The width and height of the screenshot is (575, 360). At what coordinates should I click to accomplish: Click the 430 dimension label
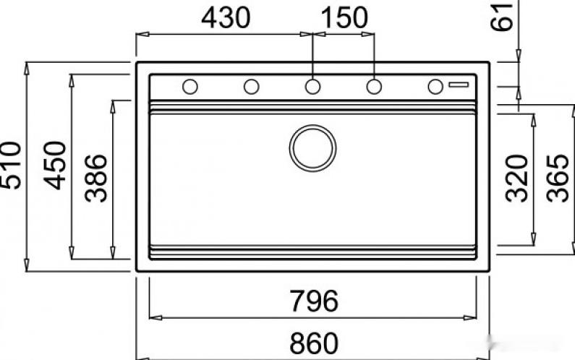(x=226, y=17)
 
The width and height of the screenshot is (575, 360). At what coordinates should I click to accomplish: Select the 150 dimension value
(x=344, y=17)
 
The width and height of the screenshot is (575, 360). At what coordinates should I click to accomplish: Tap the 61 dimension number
(x=501, y=17)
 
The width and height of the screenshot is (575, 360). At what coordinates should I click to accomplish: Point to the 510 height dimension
(x=11, y=166)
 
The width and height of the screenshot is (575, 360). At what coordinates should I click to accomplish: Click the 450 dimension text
(x=55, y=166)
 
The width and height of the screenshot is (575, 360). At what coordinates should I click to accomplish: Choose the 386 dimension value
(x=96, y=179)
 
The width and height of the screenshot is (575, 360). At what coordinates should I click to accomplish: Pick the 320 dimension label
(x=516, y=179)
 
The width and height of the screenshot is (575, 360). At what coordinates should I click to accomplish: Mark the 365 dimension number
(x=558, y=179)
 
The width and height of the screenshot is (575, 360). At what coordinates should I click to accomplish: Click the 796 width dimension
(x=314, y=301)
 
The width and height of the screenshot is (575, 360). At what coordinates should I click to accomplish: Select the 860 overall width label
(x=314, y=343)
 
